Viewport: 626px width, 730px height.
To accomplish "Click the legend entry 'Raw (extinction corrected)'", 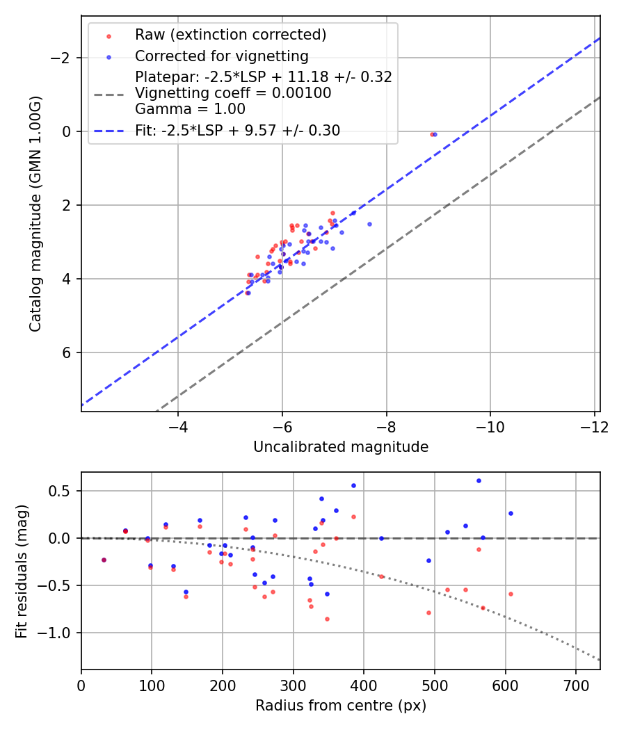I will click(230, 35).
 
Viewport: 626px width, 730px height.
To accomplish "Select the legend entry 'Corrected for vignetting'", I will click(222, 56).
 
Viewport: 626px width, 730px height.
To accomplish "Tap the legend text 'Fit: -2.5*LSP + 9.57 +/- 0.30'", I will click(237, 130).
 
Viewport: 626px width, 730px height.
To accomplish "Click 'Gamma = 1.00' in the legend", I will click(190, 108).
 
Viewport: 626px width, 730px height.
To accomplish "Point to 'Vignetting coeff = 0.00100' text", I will click(233, 93).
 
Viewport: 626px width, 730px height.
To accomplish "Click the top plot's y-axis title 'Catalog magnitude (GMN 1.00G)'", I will click(35, 214).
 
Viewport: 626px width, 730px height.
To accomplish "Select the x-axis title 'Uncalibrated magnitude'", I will click(340, 447).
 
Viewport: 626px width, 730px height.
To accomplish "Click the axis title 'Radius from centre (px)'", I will click(340, 706).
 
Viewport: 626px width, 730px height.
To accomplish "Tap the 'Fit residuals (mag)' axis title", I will click(22, 571).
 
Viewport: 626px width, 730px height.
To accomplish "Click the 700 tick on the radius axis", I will click(575, 686).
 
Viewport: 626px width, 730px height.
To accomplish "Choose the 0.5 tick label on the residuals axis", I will click(64, 491).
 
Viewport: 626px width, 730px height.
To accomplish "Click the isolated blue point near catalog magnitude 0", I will click(435, 134).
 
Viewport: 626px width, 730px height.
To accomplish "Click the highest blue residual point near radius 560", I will click(479, 480).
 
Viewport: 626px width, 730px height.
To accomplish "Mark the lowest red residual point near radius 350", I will click(327, 619).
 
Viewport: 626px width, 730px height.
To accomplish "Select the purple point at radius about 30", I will click(104, 560).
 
